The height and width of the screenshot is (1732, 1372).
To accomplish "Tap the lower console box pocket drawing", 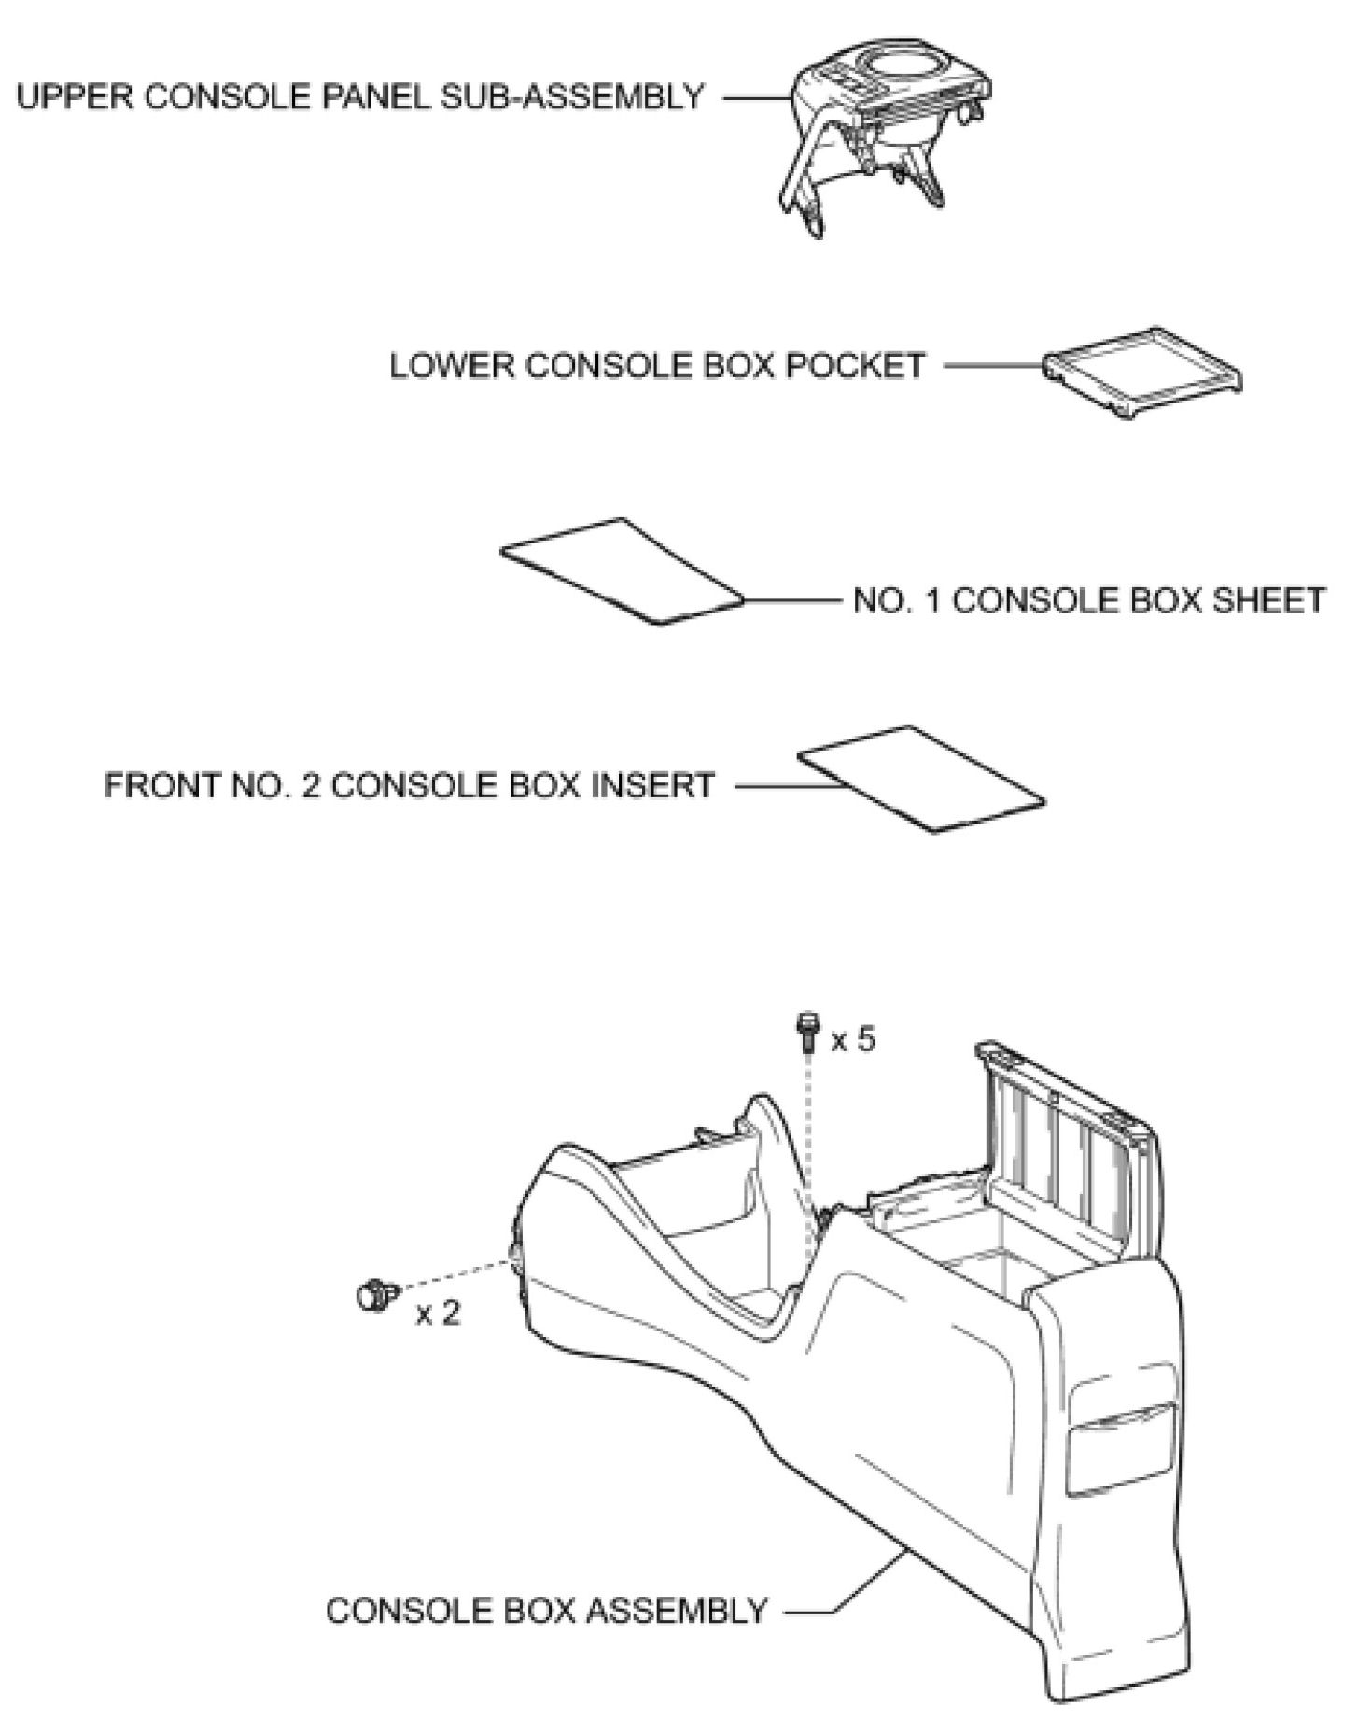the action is pos(1142,371).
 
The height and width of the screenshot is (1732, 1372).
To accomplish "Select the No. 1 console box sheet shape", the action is pos(622,570).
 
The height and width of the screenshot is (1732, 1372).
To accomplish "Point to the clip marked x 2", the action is pos(374,1296).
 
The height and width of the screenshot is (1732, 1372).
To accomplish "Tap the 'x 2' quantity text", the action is pos(438,1314).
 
